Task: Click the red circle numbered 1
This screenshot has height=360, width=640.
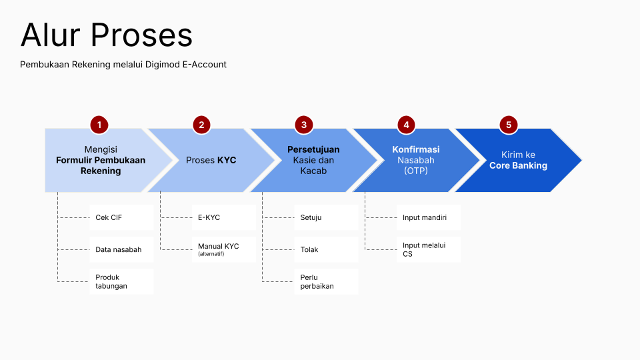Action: (x=99, y=125)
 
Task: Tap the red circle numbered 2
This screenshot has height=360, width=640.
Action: (x=201, y=125)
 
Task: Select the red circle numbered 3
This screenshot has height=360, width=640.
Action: (x=304, y=125)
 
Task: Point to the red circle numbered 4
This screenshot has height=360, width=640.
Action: (x=406, y=125)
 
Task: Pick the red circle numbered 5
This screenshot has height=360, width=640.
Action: (x=509, y=125)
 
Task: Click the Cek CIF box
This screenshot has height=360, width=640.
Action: (x=121, y=217)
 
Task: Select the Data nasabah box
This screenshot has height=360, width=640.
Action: (x=121, y=249)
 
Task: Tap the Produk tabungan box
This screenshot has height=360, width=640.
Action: (x=121, y=281)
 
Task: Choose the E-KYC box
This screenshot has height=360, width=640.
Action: (x=223, y=217)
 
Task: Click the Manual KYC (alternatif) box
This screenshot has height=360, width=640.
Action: (x=223, y=249)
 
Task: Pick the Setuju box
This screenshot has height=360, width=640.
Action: (x=326, y=217)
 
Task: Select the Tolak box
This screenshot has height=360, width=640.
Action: (x=326, y=249)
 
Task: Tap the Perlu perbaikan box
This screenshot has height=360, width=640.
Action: (x=326, y=281)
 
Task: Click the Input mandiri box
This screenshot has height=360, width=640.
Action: (x=428, y=217)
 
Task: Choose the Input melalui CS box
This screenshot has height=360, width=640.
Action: (x=428, y=249)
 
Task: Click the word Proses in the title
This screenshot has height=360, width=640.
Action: (x=141, y=35)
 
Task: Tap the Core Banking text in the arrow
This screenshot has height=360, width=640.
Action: (x=518, y=165)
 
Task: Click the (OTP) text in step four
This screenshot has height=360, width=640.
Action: (x=415, y=171)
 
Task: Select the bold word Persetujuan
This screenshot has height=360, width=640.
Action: (x=313, y=149)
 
